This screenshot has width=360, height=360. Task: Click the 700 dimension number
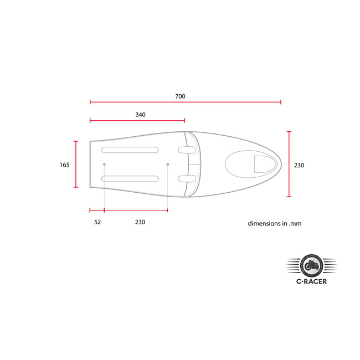coord(180,96)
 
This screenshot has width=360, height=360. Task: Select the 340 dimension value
coord(140,115)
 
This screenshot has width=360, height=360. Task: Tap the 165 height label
coord(65,164)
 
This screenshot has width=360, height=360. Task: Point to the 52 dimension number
coord(97,222)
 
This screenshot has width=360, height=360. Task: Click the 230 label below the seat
coord(140,222)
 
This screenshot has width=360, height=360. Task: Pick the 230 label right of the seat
coord(299,165)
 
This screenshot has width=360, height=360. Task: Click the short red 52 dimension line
coord(97,210)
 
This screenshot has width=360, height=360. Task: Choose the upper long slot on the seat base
coord(130,150)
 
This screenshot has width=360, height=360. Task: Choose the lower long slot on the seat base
coord(130,178)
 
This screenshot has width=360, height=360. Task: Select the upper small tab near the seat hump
coord(187,150)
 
